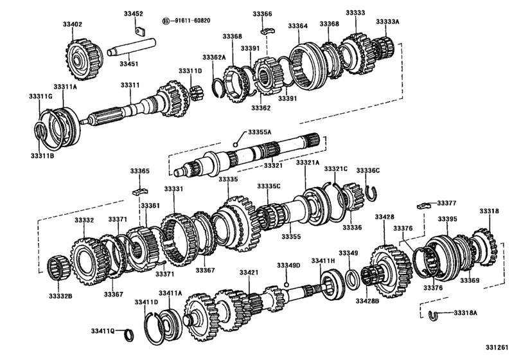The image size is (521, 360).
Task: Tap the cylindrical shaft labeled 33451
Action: pyautogui.click(x=132, y=51)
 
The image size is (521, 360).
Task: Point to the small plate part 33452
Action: pyautogui.click(x=139, y=29)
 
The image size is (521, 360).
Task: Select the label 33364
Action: pyautogui.click(x=297, y=26)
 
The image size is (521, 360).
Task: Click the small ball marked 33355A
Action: pyautogui.click(x=236, y=145)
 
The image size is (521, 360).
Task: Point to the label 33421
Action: pyautogui.click(x=249, y=273)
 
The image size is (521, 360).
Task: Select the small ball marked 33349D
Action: pyautogui.click(x=287, y=283)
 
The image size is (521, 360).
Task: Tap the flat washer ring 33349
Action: pyautogui.click(x=353, y=277)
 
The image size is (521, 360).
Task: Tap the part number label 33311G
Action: pyautogui.click(x=40, y=96)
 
